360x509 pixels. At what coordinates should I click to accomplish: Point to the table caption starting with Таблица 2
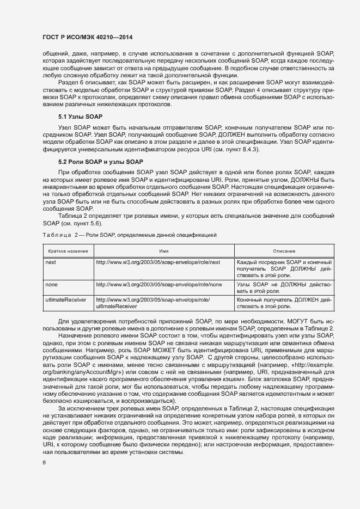click(130, 235)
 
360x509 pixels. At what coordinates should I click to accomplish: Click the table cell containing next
click(51, 262)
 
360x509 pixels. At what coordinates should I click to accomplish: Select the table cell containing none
click(52, 284)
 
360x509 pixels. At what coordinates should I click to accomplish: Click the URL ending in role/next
click(158, 262)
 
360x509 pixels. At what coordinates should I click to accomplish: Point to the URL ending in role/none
click(158, 284)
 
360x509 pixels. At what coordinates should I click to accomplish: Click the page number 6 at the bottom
click(44, 463)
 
